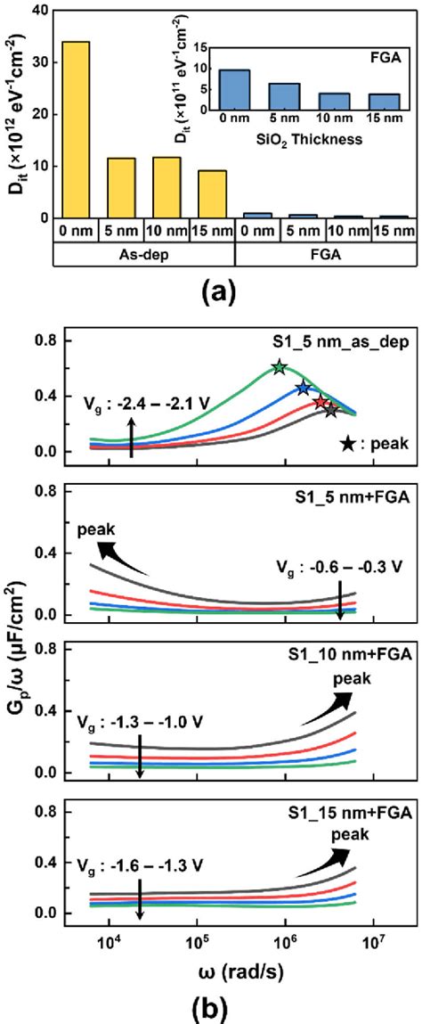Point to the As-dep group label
coord(143,253)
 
